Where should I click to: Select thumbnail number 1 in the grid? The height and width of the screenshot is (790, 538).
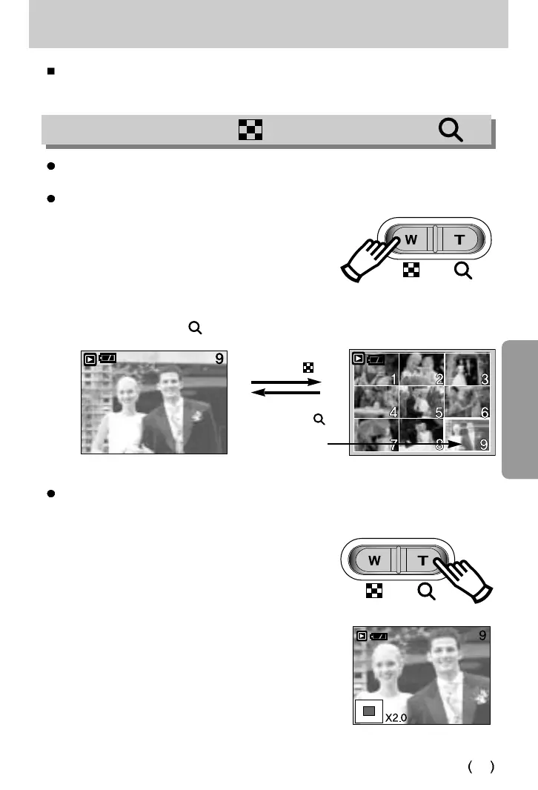376,370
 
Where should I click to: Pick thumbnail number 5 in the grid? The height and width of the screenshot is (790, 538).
422,402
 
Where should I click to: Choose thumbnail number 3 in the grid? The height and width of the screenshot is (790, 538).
468,370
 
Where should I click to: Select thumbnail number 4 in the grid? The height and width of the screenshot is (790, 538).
376,402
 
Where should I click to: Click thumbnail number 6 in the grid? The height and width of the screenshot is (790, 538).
468,402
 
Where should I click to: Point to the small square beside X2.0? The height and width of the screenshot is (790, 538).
369,711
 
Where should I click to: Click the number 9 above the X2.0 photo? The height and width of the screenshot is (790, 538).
482,636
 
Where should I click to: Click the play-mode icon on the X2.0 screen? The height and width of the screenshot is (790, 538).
361,636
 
